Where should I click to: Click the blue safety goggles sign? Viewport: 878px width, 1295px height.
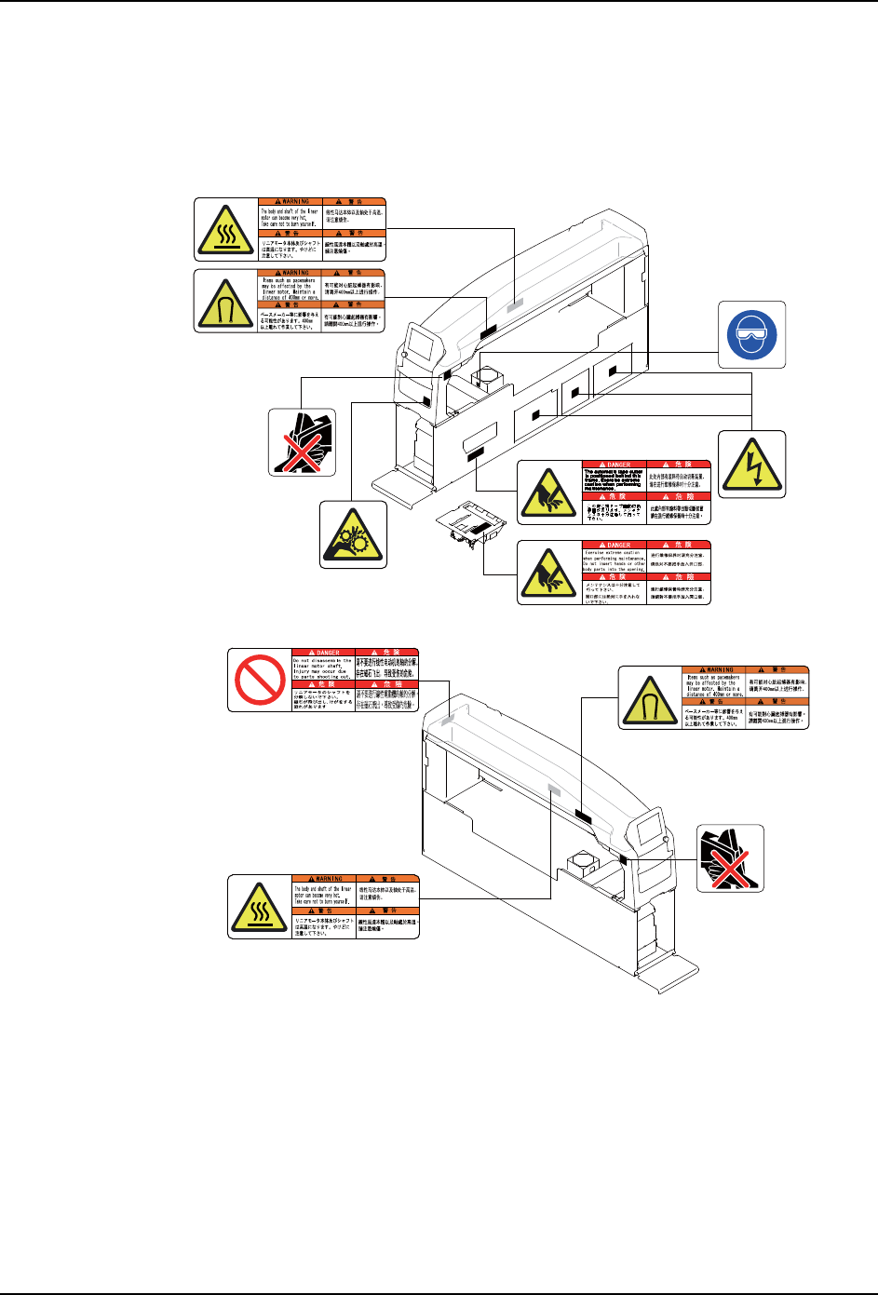pyautogui.click(x=752, y=334)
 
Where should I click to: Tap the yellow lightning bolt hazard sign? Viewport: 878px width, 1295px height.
pyautogui.click(x=752, y=464)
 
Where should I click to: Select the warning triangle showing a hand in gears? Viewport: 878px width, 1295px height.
pyautogui.click(x=352, y=534)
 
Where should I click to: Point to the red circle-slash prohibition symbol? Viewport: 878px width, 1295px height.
pyautogui.click(x=259, y=680)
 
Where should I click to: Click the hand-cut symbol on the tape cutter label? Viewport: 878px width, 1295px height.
pyautogui.click(x=548, y=492)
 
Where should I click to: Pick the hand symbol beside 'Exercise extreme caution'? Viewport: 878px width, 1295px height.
pyautogui.click(x=548, y=572)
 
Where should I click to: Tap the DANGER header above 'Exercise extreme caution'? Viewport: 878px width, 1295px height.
pyautogui.click(x=614, y=545)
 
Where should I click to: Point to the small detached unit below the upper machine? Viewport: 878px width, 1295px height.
pyautogui.click(x=473, y=528)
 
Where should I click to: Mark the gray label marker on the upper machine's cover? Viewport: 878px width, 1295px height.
pyautogui.click(x=517, y=304)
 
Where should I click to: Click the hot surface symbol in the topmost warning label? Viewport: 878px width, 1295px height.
pyautogui.click(x=226, y=229)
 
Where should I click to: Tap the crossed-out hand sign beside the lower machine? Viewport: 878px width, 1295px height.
pyautogui.click(x=731, y=858)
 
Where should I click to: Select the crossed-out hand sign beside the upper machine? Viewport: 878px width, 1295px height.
pyautogui.click(x=302, y=442)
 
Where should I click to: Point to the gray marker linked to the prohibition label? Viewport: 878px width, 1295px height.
pyautogui.click(x=449, y=720)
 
